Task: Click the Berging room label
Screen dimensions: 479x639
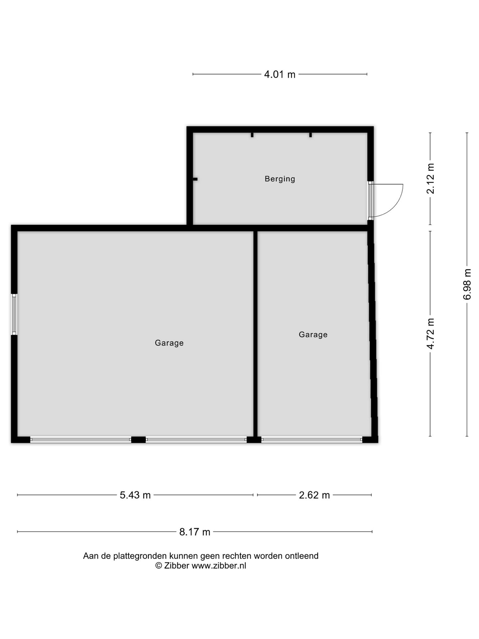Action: [x=280, y=179]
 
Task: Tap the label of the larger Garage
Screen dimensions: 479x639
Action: [x=169, y=343]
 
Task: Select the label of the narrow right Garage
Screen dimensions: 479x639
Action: [x=313, y=334]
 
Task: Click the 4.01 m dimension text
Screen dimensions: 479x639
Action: [x=280, y=75]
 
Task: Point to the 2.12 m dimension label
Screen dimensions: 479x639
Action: [x=431, y=178]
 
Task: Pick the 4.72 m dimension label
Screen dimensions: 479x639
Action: [x=431, y=334]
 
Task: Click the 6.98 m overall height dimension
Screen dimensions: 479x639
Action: [x=467, y=284]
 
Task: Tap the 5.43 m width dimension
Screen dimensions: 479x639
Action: [x=135, y=495]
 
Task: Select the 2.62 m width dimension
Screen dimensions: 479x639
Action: [x=314, y=495]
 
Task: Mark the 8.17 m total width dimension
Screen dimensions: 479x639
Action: [x=195, y=532]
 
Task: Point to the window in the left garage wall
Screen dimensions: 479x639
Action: [x=14, y=314]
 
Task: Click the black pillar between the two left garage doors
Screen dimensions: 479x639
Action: [x=138, y=440]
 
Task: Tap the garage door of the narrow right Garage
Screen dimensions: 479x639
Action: [x=312, y=440]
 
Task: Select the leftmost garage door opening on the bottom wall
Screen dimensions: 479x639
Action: [x=81, y=440]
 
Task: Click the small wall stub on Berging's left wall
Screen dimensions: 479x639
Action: [x=195, y=179]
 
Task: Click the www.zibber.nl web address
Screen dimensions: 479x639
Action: [x=219, y=566]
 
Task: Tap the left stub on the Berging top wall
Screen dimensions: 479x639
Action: [x=252, y=135]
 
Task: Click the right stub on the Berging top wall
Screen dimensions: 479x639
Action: [x=310, y=135]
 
